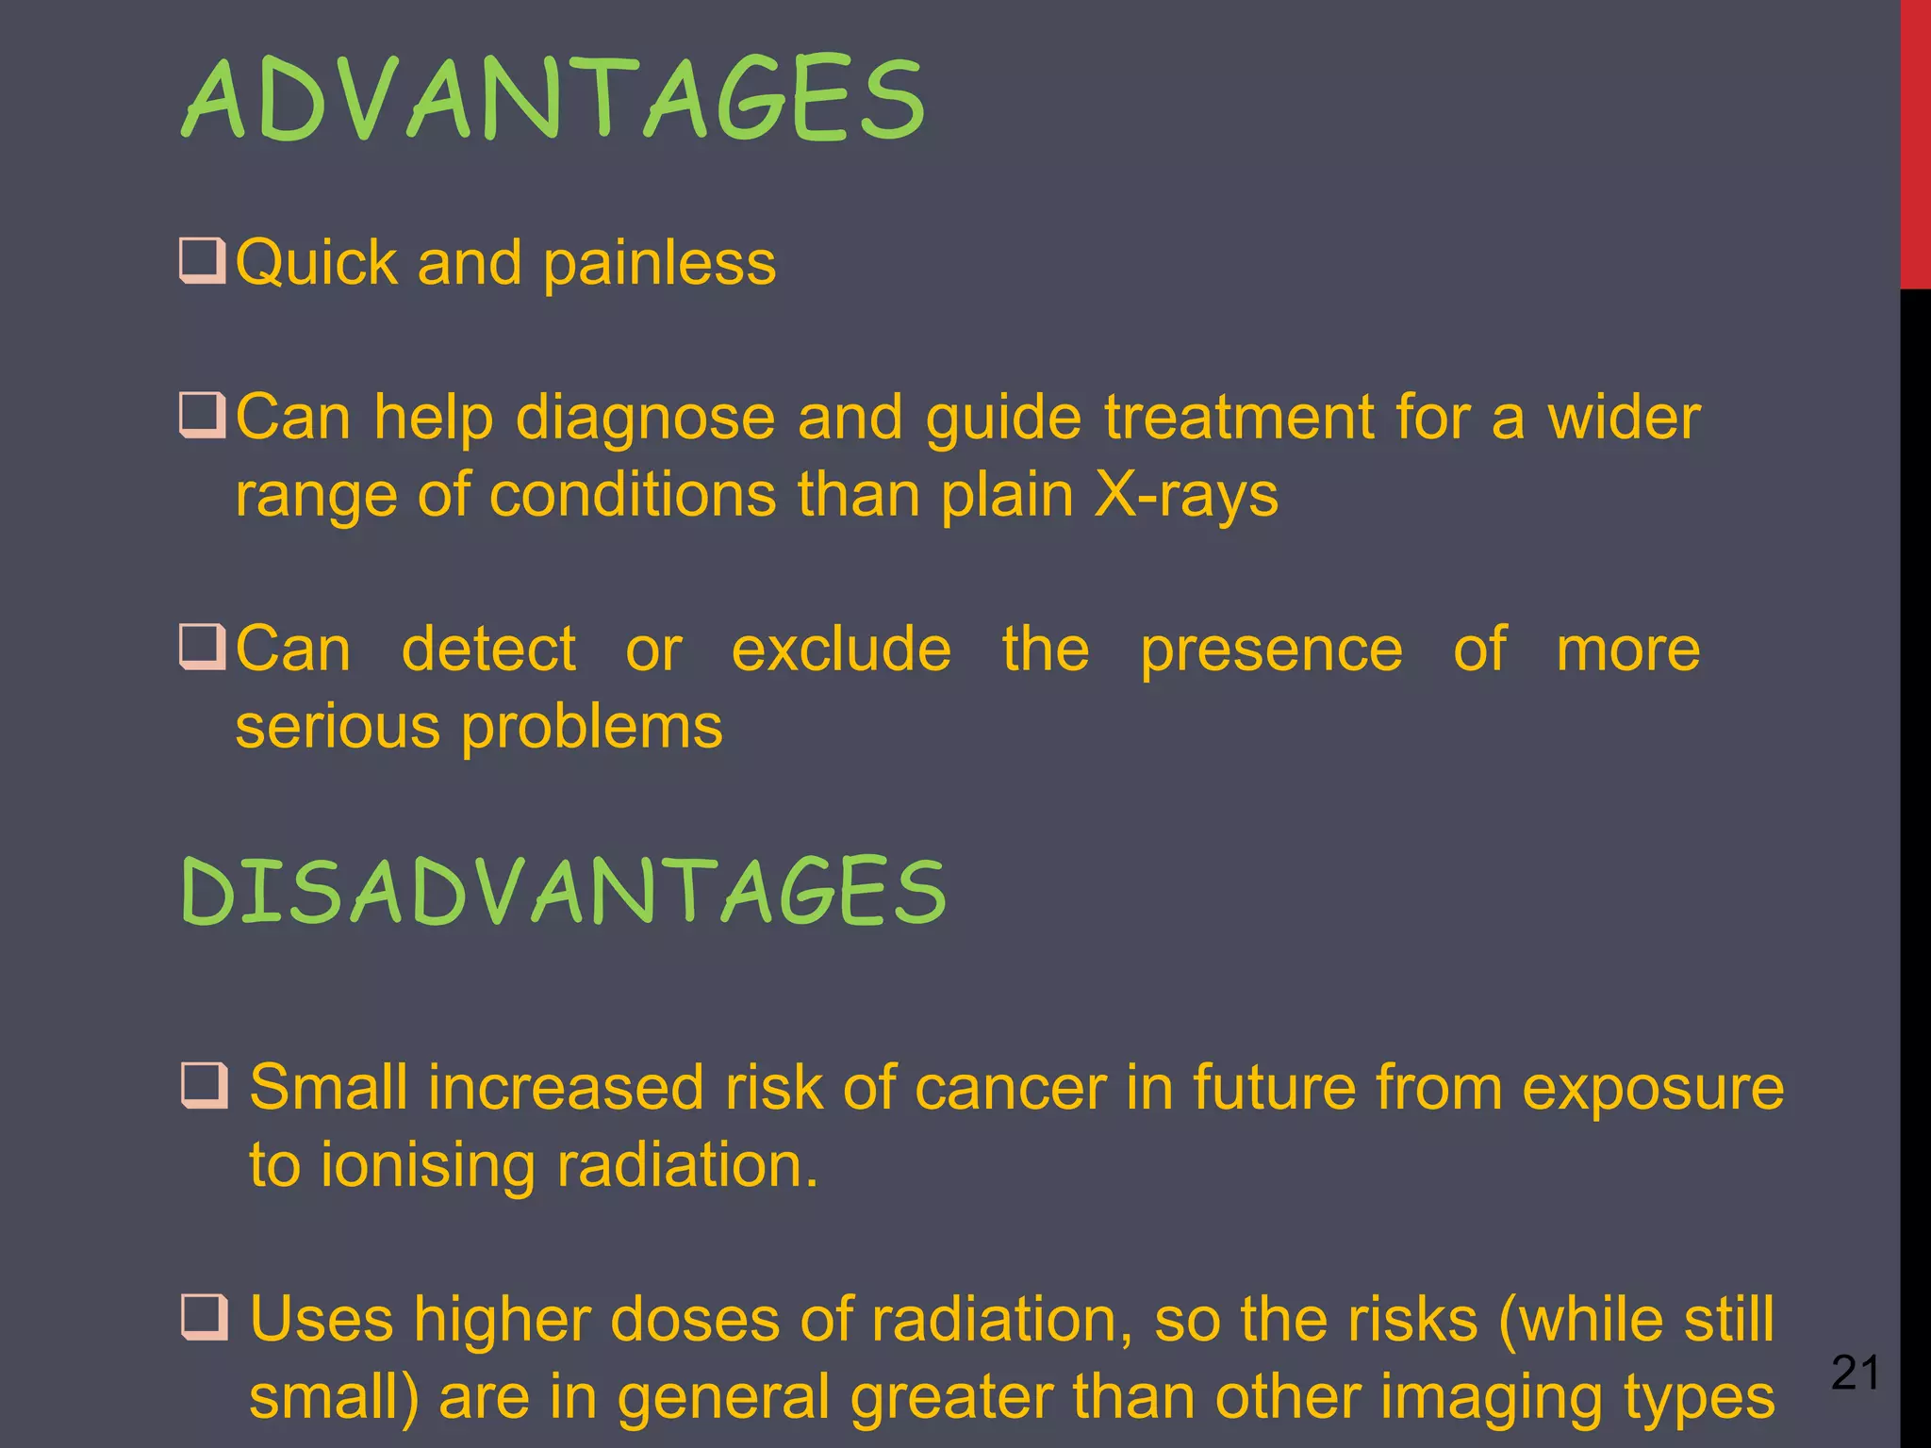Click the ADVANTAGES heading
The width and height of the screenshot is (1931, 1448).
coord(553,99)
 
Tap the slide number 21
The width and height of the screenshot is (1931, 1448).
coord(1855,1373)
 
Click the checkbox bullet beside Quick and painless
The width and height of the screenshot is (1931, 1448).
coord(202,262)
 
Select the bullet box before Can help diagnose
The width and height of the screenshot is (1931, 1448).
coord(202,416)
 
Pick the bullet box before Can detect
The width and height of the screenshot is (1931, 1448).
coord(202,648)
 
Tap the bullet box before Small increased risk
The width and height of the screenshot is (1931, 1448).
coord(204,1087)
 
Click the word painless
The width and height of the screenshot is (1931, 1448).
coord(659,263)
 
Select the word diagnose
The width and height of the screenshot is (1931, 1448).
coord(645,419)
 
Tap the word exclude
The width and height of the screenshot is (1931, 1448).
coord(841,650)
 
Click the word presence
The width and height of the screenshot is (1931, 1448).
coord(1271,651)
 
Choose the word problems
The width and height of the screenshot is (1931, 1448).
coord(591,728)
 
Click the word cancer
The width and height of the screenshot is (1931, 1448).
coord(1010,1089)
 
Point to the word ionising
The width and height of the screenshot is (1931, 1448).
coord(426,1166)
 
